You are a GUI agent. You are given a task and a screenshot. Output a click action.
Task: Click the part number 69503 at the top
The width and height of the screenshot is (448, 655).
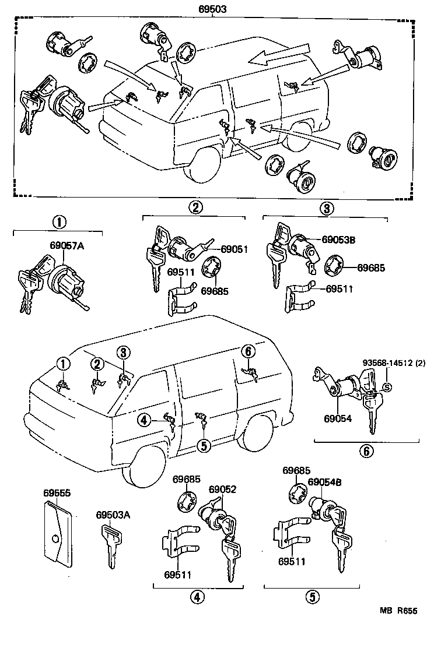[x=212, y=9]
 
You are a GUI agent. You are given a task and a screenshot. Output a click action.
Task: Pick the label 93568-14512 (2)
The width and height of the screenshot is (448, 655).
[x=394, y=362]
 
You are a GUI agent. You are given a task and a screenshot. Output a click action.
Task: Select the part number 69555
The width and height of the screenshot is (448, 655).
[x=57, y=493]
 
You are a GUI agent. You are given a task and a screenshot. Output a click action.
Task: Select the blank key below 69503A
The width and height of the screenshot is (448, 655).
[x=111, y=545]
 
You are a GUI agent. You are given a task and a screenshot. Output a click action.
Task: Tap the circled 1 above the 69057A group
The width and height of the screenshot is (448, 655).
[x=59, y=222]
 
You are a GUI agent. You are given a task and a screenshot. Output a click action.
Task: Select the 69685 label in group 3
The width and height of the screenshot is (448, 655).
[x=371, y=267]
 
